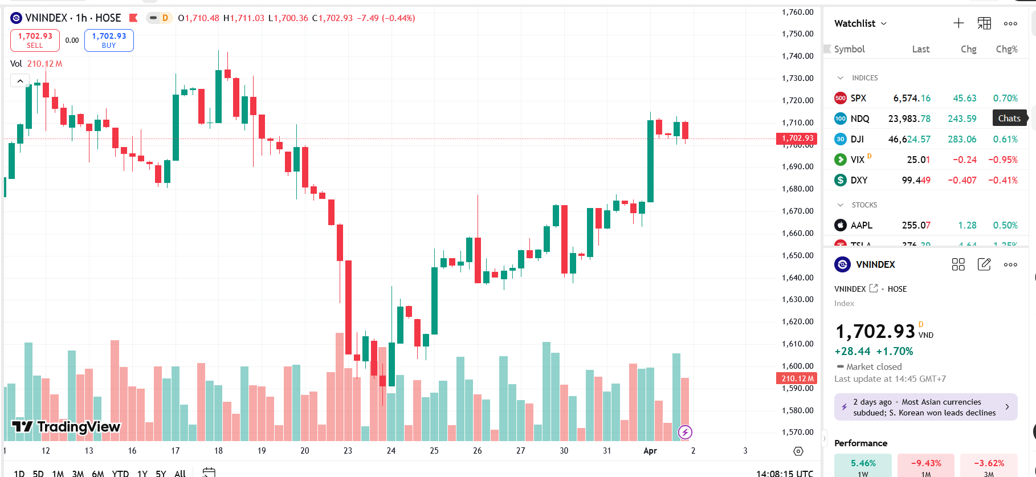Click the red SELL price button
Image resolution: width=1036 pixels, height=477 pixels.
35,40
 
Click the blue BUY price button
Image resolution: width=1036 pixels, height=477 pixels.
109,40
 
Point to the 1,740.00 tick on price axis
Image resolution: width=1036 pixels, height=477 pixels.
797,56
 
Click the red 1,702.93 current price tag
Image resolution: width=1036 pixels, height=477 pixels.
797,138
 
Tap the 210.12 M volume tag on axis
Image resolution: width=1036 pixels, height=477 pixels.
797,378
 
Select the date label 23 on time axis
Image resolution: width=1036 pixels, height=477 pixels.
348,451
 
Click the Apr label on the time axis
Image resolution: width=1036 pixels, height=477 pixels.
650,451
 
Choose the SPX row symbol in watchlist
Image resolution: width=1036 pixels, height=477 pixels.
858,98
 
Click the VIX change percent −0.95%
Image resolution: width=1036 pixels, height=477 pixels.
1002,160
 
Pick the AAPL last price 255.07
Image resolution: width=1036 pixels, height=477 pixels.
916,225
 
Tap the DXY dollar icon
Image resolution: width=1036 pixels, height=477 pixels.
840,180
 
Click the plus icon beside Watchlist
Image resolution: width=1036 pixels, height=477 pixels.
958,23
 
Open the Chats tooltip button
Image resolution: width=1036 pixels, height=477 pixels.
1009,119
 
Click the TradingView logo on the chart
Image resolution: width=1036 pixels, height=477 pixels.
66,427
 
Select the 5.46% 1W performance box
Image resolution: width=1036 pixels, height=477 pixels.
863,465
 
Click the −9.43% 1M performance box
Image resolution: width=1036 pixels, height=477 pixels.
925,465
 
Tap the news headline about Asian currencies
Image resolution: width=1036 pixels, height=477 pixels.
925,407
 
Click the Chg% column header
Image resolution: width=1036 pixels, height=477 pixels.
1006,49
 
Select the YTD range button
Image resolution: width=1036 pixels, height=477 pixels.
120,473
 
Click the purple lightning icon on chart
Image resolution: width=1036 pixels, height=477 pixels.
685,432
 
